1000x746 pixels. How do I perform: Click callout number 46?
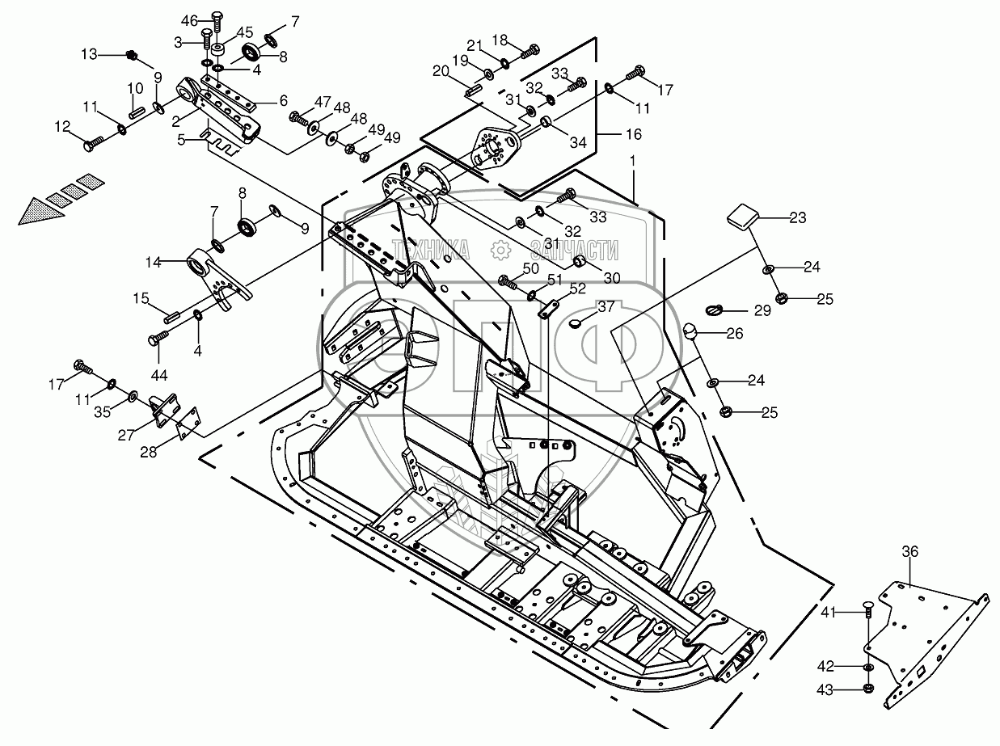188,20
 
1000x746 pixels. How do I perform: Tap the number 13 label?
88,54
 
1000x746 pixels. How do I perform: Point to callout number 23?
798,217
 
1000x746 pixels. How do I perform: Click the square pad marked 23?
743,217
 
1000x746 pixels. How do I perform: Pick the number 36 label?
910,551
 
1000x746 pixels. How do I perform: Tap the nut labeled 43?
868,689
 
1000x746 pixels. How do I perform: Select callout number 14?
154,262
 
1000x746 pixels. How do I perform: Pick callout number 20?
441,71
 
